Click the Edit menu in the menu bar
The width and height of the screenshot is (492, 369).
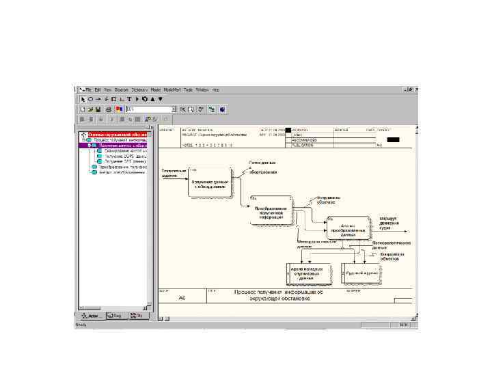pyautogui.click(x=98, y=90)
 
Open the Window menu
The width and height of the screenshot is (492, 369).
pyautogui.click(x=202, y=90)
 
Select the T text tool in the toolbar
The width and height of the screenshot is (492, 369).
pyautogui.click(x=128, y=99)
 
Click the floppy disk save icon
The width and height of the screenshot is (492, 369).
pyautogui.click(x=98, y=109)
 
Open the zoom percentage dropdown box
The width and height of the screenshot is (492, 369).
pyautogui.click(x=174, y=109)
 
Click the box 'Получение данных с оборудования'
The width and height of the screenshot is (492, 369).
pyautogui.click(x=210, y=182)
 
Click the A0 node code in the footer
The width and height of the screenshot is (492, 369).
pyautogui.click(x=182, y=298)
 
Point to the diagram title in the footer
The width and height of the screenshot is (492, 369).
pyautogui.click(x=273, y=295)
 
